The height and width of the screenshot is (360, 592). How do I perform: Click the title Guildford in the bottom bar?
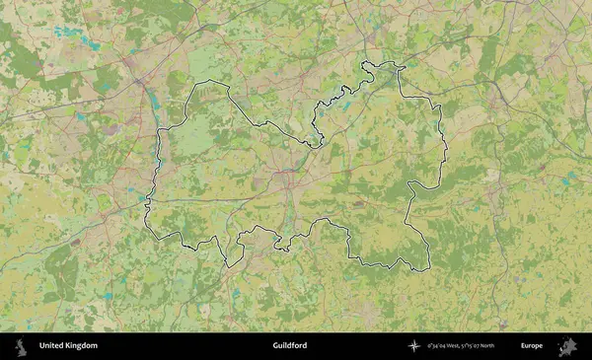click(290, 346)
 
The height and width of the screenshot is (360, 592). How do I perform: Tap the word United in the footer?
click(51, 346)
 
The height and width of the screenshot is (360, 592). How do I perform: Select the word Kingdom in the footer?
click(82, 346)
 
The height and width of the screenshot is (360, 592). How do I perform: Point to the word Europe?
click(532, 346)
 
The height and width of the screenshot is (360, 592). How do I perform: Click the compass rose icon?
click(413, 346)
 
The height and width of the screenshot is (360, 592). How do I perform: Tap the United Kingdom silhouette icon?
click(20, 346)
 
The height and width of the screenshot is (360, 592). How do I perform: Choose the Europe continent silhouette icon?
click(567, 346)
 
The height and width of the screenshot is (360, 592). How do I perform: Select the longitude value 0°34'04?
click(437, 346)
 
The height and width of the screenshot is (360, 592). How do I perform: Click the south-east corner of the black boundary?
click(430, 268)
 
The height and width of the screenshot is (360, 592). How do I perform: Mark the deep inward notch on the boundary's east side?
click(408, 184)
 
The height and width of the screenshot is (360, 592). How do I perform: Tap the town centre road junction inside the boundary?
click(286, 174)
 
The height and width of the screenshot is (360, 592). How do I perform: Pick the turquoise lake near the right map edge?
click(568, 181)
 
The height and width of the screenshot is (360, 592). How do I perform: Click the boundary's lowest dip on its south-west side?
click(226, 265)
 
